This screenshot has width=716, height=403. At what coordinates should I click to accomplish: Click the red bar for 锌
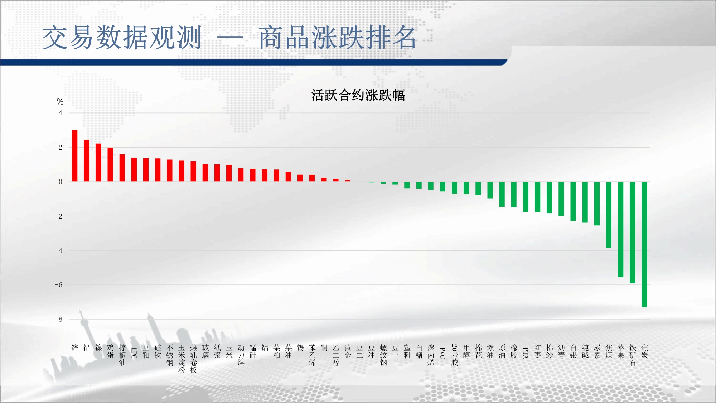coord(74,156)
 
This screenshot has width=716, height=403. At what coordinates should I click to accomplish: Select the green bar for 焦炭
coord(644,244)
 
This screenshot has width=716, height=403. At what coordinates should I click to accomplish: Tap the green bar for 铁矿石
coord(633,232)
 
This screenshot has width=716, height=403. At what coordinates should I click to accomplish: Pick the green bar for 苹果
coord(621,229)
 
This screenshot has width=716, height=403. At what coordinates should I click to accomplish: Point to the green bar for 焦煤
coord(609,215)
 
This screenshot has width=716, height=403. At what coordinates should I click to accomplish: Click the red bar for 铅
coord(87,161)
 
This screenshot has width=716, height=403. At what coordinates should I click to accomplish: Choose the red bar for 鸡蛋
coord(110,165)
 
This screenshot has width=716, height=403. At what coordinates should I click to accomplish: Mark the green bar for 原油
coord(502,194)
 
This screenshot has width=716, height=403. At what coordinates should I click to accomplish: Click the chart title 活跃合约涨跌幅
coord(358,95)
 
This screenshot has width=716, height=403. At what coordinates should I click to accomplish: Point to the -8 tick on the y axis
coord(58,319)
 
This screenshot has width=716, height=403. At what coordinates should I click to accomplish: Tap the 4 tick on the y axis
coord(61,113)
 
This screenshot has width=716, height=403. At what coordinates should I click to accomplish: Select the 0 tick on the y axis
coord(61,182)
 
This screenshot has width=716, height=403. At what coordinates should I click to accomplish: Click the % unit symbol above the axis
coord(60,102)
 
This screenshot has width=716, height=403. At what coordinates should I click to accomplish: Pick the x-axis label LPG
coord(134,353)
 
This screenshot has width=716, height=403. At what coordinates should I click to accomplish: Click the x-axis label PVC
coord(442,353)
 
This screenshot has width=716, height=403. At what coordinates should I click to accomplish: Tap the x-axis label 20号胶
coord(455,355)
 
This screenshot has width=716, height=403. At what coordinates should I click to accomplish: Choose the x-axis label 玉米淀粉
coord(182,359)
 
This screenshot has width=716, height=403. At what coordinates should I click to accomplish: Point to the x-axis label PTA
coord(526,353)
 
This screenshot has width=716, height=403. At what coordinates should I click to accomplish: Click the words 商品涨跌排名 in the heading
coord(337,38)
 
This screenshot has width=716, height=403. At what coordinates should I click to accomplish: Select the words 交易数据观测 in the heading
coord(122,38)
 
